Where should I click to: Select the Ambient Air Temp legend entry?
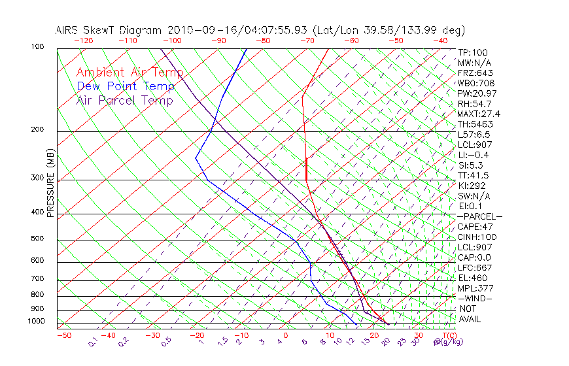129,73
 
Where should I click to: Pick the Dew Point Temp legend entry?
126,86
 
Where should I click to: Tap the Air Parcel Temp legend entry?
124,100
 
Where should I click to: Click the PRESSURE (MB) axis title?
50,183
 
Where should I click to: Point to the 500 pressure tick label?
37,239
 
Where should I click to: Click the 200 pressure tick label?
37,130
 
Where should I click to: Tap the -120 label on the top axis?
83,41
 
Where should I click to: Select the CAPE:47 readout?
475,227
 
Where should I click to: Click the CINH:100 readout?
477,237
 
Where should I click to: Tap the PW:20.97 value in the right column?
476,93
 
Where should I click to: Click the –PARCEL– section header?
479,216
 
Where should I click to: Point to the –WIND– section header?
475,298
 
